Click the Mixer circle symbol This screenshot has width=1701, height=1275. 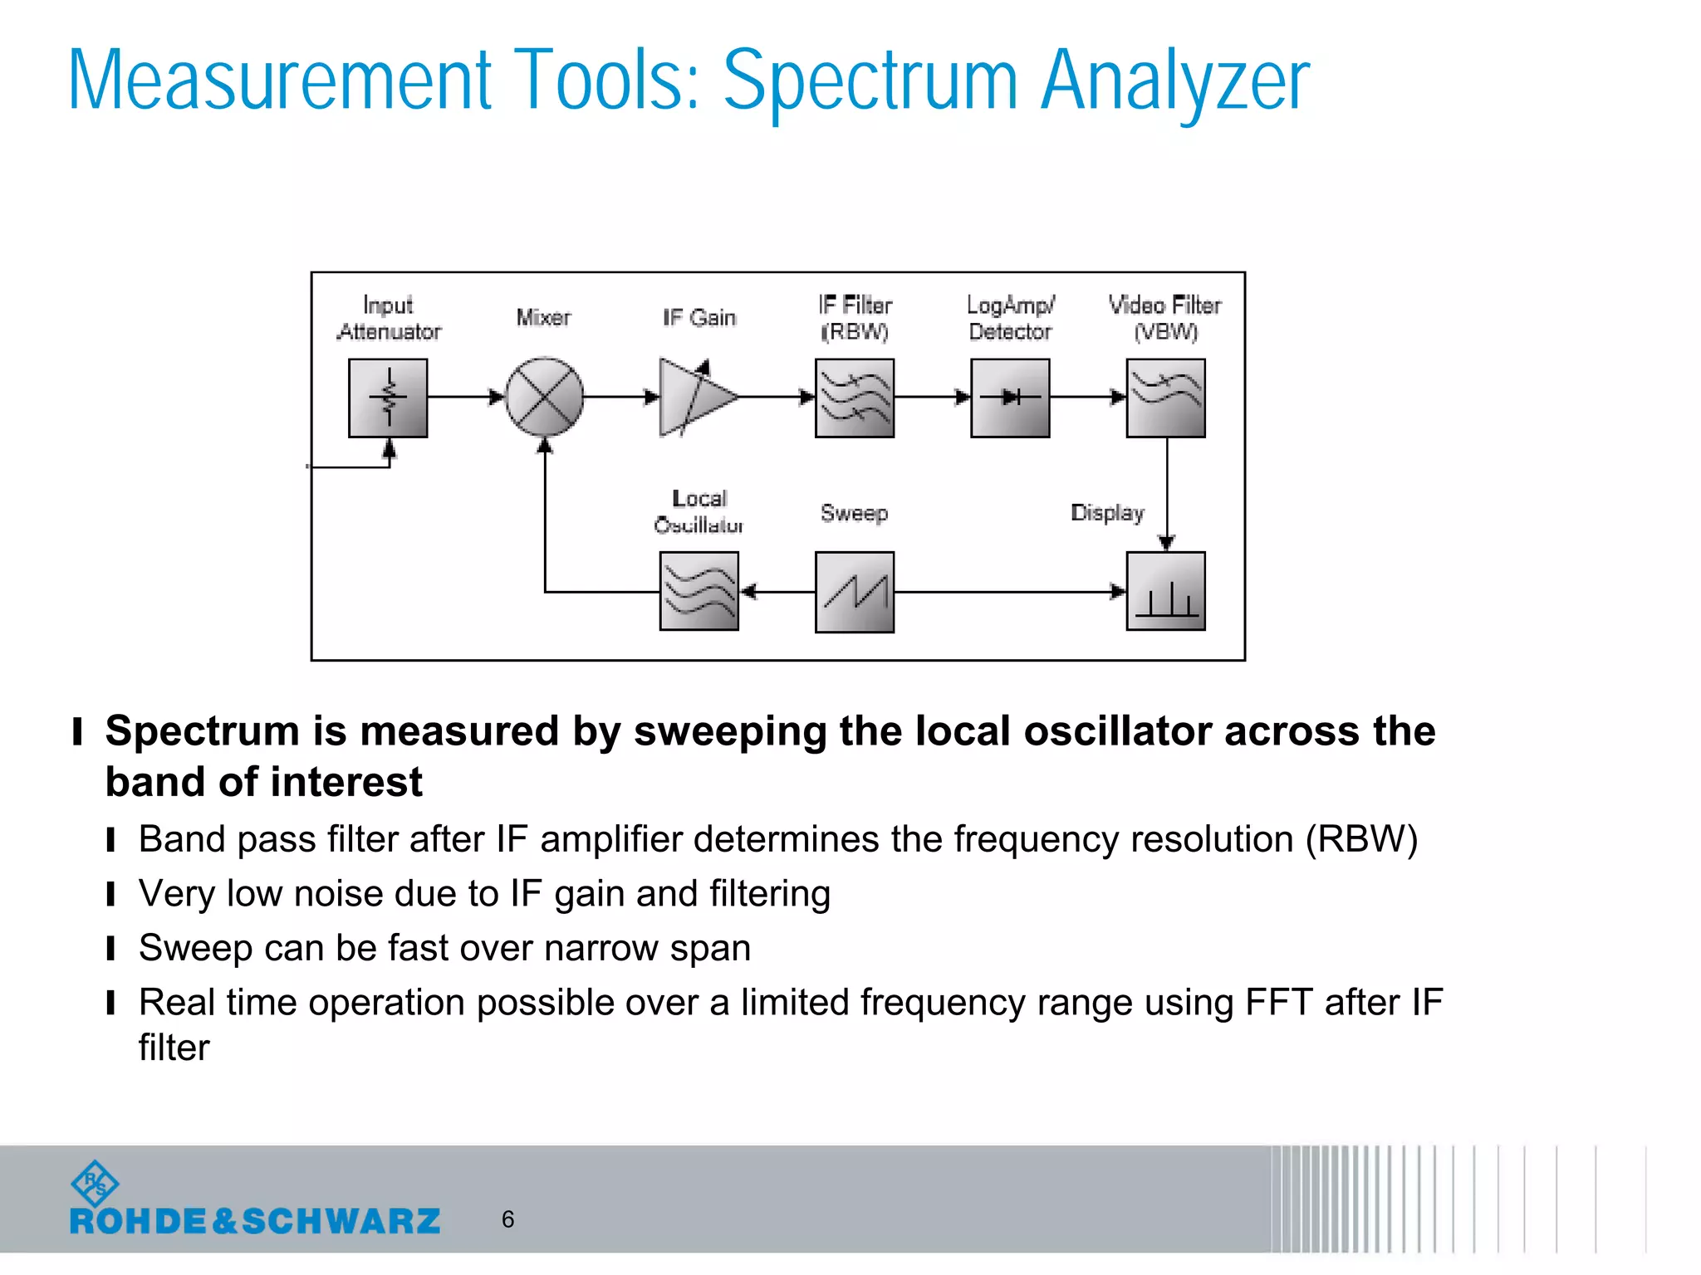(x=544, y=398)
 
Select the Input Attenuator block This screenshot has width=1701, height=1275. (x=388, y=398)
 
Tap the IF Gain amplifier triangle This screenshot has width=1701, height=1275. (x=694, y=398)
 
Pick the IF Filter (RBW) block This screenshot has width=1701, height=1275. (x=855, y=398)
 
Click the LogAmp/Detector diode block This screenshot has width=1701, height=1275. (x=1010, y=398)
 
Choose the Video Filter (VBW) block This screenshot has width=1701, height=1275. (x=1165, y=398)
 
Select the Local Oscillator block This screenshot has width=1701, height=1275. (x=699, y=592)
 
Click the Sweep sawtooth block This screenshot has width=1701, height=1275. (x=855, y=592)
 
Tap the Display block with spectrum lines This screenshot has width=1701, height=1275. (x=1165, y=592)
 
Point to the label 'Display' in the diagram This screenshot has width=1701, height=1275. (x=1107, y=513)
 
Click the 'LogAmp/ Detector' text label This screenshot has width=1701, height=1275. (x=1010, y=318)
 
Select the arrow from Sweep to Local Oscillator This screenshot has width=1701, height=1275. (x=777, y=592)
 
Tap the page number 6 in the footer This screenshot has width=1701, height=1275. (x=507, y=1219)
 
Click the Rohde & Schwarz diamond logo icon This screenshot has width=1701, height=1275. (x=96, y=1184)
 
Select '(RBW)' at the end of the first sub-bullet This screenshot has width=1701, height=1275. (x=1361, y=839)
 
